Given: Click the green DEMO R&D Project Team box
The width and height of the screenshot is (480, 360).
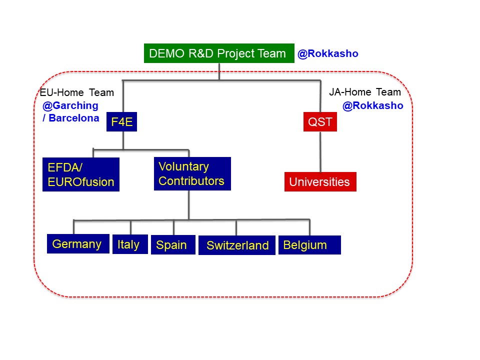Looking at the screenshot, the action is [x=219, y=53].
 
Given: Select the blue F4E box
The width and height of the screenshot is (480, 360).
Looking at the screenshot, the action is [x=122, y=122].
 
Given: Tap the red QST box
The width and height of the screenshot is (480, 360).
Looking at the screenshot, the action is [x=320, y=122].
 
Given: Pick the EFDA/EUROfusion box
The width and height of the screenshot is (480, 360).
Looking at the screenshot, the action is [x=81, y=174].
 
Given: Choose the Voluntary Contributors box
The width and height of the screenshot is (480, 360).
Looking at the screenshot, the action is [x=192, y=174].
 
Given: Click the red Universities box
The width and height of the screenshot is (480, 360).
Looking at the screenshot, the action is [x=320, y=182].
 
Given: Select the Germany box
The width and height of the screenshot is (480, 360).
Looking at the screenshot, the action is [x=78, y=244].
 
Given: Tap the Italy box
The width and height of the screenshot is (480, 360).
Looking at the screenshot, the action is [x=130, y=244].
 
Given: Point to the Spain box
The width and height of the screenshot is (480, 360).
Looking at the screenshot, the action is [x=173, y=245].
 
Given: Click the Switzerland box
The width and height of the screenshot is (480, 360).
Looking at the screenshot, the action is [x=237, y=245].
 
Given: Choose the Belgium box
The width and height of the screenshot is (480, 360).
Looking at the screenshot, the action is [x=309, y=245].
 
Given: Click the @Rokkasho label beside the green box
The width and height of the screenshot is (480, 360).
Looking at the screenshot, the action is [x=328, y=53].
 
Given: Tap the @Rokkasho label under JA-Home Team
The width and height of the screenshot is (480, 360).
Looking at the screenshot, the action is [x=373, y=105].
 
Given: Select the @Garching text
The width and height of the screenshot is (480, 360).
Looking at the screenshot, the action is [x=70, y=105].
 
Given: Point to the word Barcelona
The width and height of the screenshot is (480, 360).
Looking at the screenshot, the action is [x=74, y=118].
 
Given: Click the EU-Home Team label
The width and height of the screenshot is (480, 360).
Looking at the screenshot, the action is [x=77, y=92].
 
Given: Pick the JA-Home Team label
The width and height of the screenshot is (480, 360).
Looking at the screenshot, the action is [x=365, y=92].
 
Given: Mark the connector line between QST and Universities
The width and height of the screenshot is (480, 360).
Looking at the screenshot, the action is [x=320, y=152].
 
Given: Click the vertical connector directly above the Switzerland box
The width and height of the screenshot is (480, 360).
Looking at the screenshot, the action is [x=236, y=227].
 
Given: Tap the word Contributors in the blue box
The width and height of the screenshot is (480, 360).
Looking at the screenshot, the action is [x=191, y=181].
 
